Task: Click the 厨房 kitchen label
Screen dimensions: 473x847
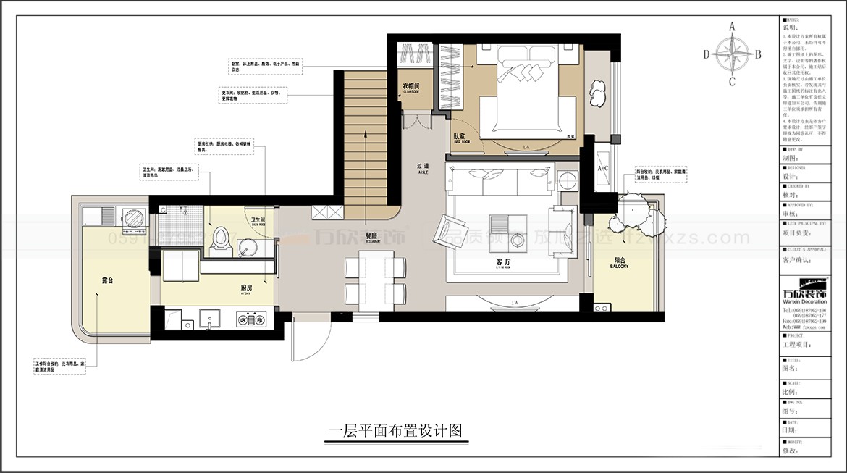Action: [x=247, y=288]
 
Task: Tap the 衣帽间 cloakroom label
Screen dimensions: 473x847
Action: [x=410, y=87]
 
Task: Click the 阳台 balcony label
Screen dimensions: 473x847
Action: [x=619, y=262]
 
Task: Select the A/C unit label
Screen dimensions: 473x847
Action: [x=602, y=169]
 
